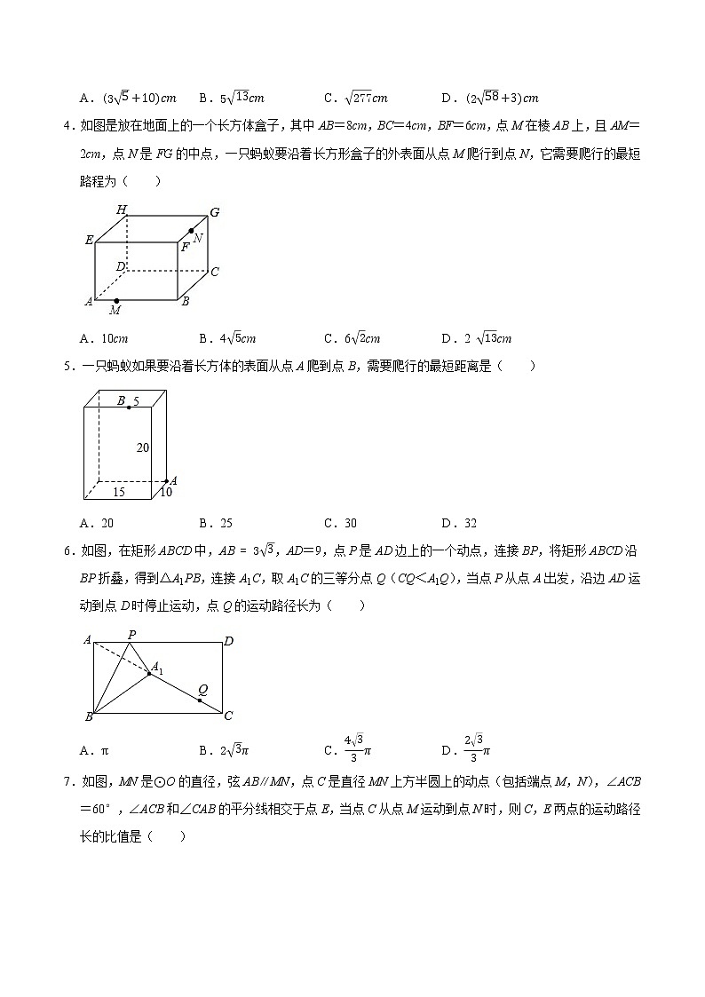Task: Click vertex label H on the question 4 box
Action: click(x=122, y=210)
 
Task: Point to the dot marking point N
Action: click(x=191, y=231)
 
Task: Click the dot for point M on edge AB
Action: click(x=116, y=301)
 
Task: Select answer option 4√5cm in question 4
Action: click(x=228, y=338)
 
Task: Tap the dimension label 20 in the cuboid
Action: click(x=143, y=448)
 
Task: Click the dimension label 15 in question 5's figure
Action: click(x=118, y=491)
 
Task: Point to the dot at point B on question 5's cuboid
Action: click(x=130, y=407)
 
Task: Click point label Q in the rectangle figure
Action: click(x=203, y=689)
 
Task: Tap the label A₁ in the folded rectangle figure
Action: click(x=156, y=668)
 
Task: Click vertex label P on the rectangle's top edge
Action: click(x=131, y=634)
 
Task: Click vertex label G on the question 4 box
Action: click(x=214, y=212)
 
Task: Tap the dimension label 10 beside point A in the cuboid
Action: click(x=166, y=492)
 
